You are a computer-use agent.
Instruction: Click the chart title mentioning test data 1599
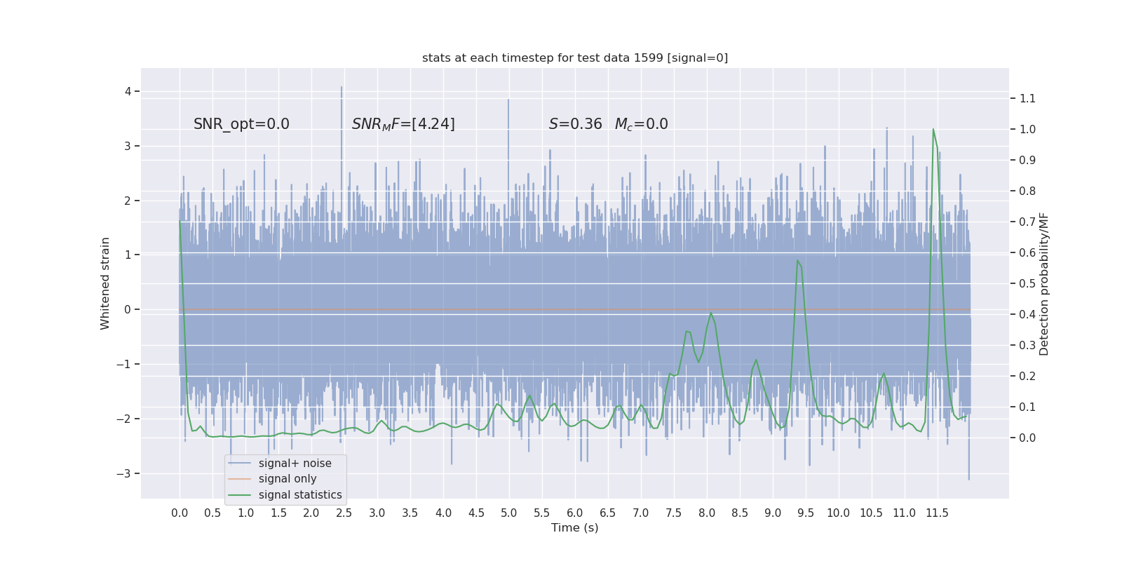tap(575, 58)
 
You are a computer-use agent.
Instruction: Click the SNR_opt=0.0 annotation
tap(241, 124)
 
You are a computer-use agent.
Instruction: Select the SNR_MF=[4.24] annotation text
tap(403, 124)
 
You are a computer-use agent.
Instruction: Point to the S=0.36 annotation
tap(575, 124)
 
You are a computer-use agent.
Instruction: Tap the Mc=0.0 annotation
tap(641, 124)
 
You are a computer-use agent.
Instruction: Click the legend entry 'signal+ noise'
tap(295, 464)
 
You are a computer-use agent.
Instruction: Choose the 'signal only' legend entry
tap(288, 479)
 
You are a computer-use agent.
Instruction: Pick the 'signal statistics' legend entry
tap(300, 495)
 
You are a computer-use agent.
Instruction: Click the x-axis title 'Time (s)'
tap(575, 528)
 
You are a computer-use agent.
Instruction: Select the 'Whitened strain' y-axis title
tap(105, 283)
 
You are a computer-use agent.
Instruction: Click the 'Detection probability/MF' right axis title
tap(1044, 283)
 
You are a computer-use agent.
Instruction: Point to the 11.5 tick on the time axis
tap(937, 513)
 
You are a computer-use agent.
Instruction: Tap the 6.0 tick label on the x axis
tap(575, 513)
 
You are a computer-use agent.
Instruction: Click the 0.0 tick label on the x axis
tap(180, 513)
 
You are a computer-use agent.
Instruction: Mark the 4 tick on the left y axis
tap(128, 91)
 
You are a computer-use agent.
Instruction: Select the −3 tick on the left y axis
tap(124, 473)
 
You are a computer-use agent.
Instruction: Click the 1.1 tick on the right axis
tap(1027, 98)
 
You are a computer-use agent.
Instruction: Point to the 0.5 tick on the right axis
tap(1027, 283)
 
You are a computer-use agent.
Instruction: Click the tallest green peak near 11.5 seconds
tap(933, 129)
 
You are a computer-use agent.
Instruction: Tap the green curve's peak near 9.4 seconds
tap(797, 261)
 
